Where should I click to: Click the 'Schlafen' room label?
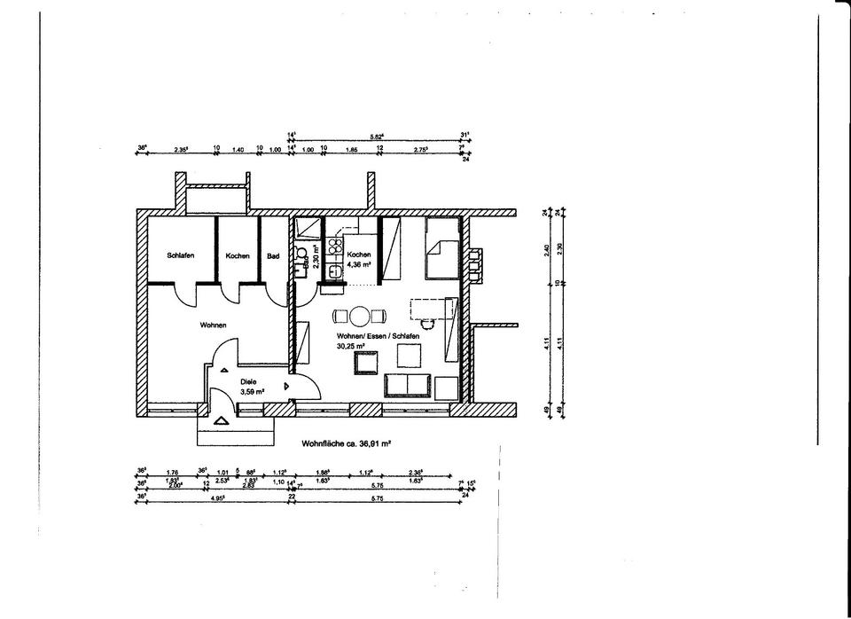coord(181,255)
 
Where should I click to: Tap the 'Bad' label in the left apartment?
coord(273,256)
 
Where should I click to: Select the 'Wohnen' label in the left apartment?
coord(213,325)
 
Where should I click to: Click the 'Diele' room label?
coord(248,380)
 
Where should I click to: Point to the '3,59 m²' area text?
coord(254,390)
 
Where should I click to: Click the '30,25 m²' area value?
coord(350,347)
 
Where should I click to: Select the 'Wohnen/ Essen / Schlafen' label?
coord(378,337)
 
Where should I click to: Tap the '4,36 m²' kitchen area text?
coord(360,263)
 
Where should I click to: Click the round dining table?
coord(359,316)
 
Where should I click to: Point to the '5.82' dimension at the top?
coord(376,137)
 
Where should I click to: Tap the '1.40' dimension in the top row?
coord(237,150)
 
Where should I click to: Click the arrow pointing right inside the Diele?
coord(285,387)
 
